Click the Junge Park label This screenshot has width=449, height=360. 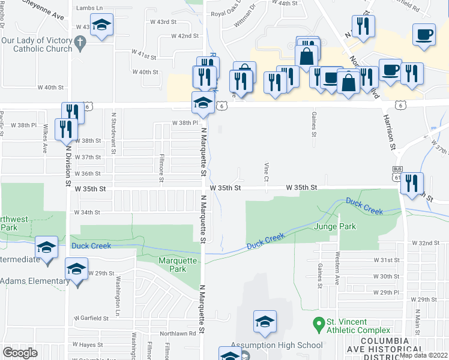(x=335, y=227)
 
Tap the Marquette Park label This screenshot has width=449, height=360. (x=177, y=265)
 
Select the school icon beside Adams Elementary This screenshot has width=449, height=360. (x=76, y=269)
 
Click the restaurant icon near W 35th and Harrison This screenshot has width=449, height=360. (x=412, y=183)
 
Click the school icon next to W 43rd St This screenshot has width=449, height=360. (x=103, y=26)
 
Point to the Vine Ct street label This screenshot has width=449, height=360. (x=265, y=172)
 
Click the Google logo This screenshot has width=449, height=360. (x=20, y=353)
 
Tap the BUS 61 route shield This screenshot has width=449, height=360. (x=397, y=173)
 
